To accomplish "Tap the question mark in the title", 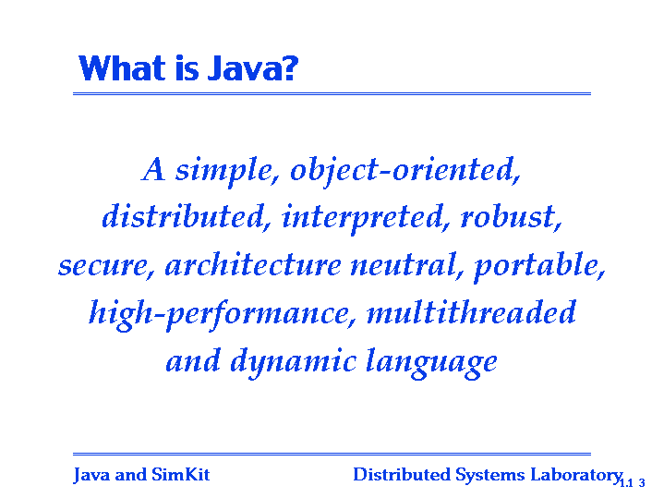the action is [289, 67].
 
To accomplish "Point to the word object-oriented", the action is [405, 171].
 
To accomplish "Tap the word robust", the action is [511, 217].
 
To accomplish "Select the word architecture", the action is [253, 265].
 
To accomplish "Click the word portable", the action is [539, 267].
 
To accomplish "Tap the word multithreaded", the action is [471, 312].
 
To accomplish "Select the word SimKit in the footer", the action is [181, 474].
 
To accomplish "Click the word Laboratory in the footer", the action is [576, 476].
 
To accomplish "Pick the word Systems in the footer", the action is [490, 476].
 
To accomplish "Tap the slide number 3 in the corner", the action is [642, 482].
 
